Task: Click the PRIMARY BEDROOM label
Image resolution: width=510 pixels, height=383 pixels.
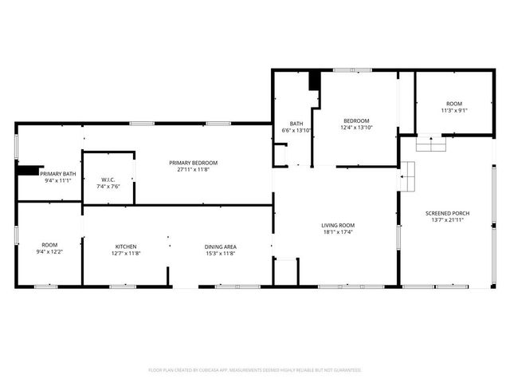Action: [x=193, y=163]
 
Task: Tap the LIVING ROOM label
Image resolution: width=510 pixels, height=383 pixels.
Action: [x=338, y=226]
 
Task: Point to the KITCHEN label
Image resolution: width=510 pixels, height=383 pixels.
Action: [x=126, y=247]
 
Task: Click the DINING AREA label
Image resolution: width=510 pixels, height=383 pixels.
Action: [x=221, y=247]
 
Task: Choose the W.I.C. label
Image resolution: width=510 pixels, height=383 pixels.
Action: [x=108, y=180]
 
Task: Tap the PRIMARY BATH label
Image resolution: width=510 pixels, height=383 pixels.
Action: [x=58, y=174]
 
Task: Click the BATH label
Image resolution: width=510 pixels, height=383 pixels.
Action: [x=296, y=124]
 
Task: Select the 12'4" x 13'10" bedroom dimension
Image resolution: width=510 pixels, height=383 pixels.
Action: [x=357, y=128]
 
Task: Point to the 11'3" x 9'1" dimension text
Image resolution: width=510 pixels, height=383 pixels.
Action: [x=454, y=111]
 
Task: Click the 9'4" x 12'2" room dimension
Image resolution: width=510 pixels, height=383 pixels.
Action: [x=50, y=253]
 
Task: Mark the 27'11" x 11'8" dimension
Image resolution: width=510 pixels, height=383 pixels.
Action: [x=193, y=169]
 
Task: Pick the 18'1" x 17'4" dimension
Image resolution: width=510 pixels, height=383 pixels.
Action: [x=338, y=232]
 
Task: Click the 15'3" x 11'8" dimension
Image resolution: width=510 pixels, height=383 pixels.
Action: [x=221, y=253]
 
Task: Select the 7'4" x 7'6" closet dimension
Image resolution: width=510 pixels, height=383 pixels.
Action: [x=108, y=186]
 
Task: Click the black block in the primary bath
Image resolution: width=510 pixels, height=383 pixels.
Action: [x=29, y=169]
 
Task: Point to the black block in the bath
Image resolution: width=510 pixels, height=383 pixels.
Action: [x=314, y=81]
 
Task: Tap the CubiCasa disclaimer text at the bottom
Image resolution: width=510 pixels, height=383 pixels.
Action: [x=255, y=370]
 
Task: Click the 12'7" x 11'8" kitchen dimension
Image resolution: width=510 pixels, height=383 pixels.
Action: [x=126, y=253]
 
